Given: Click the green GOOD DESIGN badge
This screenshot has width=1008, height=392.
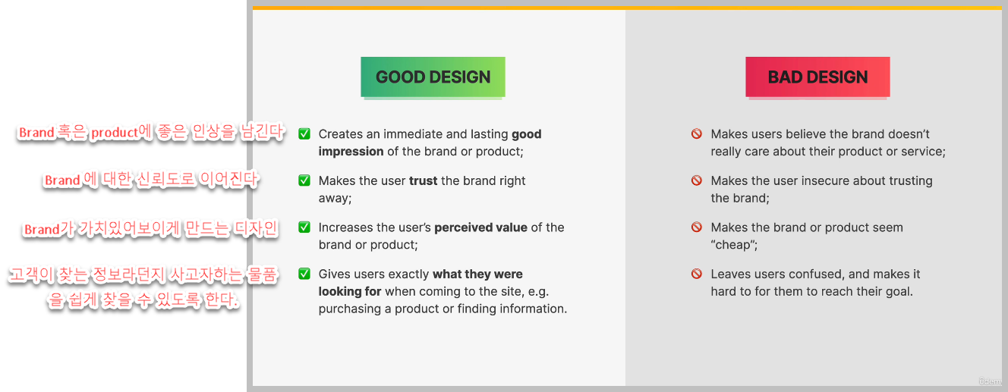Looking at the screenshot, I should point(433,77).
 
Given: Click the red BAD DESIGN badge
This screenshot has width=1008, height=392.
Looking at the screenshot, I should point(817,77).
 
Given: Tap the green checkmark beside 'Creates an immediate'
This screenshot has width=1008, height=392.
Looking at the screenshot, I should point(304,134).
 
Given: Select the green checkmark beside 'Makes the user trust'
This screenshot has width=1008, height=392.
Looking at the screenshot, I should point(304,180).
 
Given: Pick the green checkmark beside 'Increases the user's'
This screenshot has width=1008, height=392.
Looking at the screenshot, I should point(304,227).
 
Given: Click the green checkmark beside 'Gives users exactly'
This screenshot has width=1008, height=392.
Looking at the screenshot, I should point(304,274).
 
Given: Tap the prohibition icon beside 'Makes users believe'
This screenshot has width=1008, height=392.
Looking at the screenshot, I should point(696,134).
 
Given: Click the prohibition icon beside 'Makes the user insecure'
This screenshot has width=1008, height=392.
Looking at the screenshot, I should point(696,180).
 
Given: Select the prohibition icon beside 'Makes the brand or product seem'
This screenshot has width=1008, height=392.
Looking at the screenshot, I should point(696,227).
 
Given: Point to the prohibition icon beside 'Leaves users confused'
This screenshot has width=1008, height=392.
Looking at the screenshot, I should point(696,274).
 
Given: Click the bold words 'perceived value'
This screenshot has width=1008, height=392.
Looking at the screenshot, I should point(480,227).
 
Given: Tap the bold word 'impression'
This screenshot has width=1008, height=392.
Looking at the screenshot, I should point(351,152).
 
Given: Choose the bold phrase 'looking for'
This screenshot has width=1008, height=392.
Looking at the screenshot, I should point(350,292).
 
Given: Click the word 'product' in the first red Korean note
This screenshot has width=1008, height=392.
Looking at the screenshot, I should point(115,133).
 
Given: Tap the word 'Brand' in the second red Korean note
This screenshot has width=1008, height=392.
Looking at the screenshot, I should point(62,180).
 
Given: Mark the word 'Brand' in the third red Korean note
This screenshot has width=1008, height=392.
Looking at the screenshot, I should point(42,230).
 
